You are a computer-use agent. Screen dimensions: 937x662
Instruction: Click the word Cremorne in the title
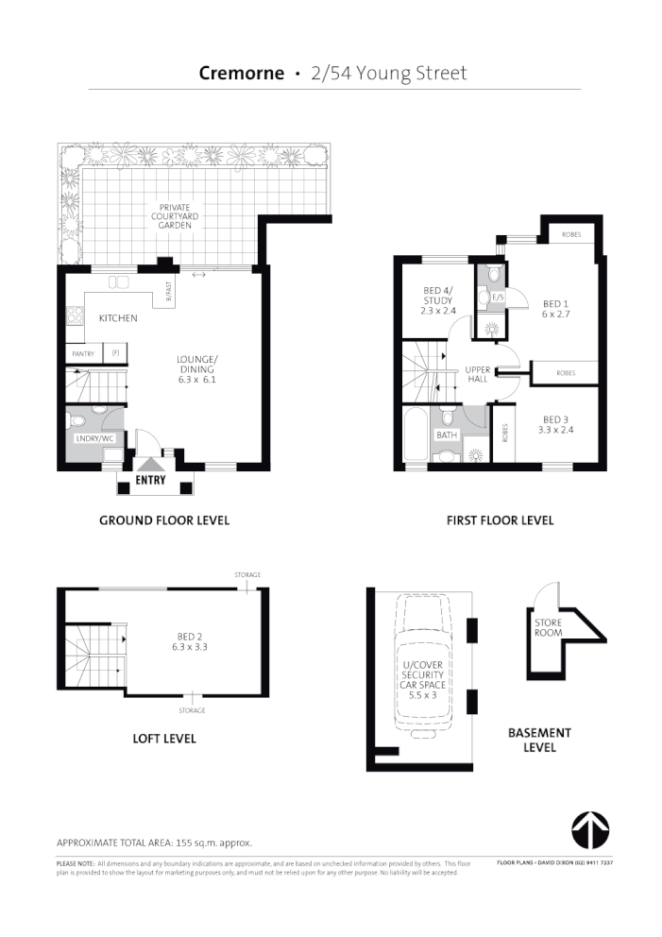click(x=242, y=74)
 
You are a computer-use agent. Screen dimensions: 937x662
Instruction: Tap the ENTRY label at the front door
click(x=150, y=480)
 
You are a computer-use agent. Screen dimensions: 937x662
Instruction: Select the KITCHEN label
click(x=118, y=318)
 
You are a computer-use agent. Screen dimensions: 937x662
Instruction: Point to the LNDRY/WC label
click(x=93, y=438)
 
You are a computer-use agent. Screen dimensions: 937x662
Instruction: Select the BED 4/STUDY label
click(x=437, y=300)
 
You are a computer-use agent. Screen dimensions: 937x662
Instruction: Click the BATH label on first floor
click(x=446, y=434)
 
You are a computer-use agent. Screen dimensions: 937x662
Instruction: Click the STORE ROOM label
click(x=549, y=628)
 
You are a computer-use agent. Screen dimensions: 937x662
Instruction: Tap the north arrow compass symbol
click(x=589, y=828)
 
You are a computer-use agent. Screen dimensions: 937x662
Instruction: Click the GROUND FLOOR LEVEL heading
click(x=164, y=520)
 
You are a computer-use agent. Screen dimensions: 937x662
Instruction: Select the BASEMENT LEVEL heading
click(x=539, y=740)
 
